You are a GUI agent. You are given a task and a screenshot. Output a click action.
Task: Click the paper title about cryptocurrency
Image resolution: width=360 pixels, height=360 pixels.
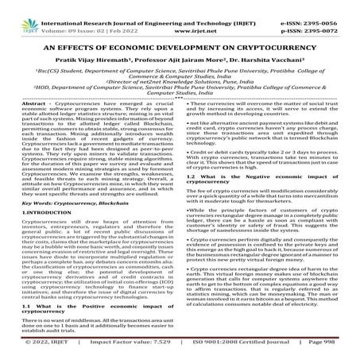click(180, 45)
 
